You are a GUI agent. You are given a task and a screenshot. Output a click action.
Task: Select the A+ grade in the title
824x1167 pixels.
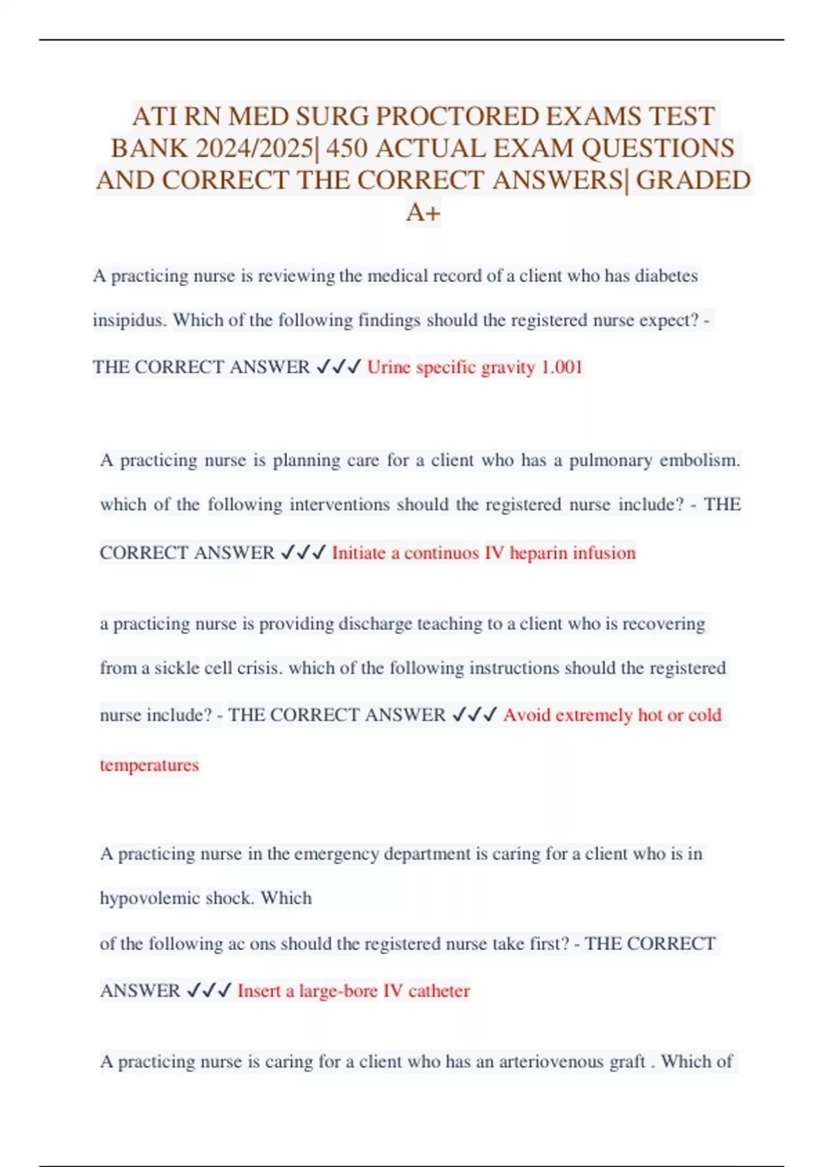pos(423,213)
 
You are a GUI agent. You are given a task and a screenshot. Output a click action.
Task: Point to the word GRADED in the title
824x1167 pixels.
pos(693,181)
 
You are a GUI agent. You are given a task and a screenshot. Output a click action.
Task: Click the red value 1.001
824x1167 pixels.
pos(562,367)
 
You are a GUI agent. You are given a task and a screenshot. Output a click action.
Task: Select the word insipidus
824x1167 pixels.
pos(130,321)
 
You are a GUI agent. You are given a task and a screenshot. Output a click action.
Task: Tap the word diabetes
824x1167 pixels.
pos(666,276)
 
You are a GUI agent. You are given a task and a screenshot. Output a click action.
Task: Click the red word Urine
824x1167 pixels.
pos(389,367)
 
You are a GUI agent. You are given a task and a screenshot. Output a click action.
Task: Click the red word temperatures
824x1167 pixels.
pos(150,765)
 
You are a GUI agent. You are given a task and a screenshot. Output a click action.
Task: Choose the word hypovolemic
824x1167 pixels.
pos(150,899)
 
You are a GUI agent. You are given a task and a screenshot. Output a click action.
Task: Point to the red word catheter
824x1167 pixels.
pos(439,991)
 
